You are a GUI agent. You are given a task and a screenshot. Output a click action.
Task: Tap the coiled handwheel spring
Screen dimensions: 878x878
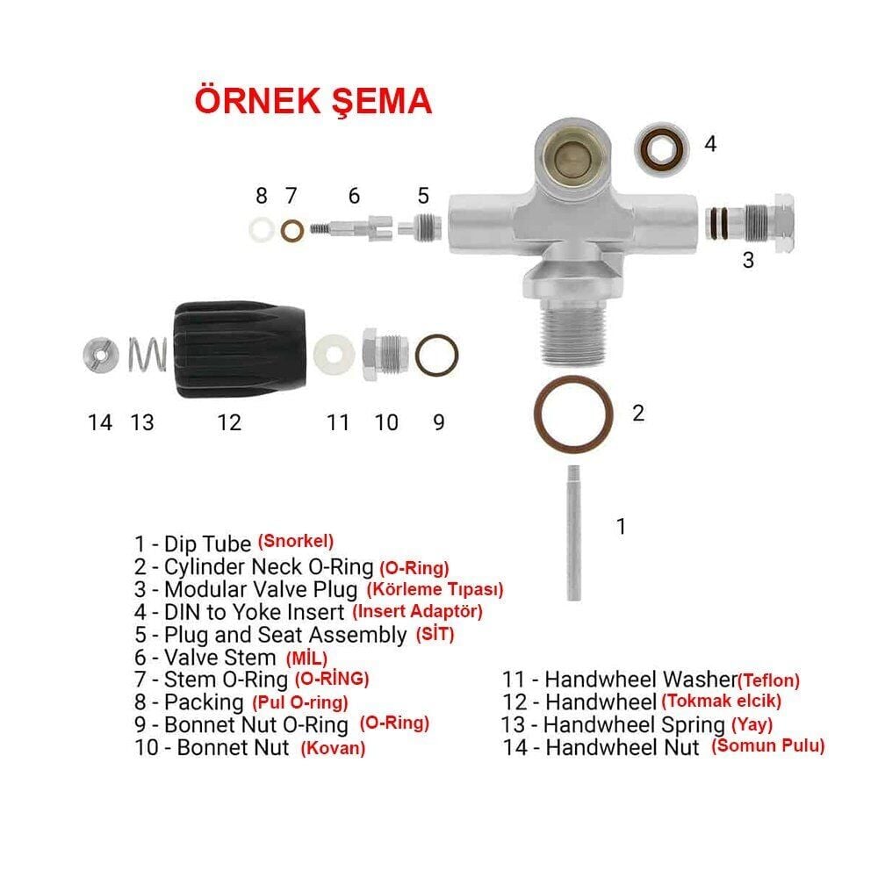pos(148,354)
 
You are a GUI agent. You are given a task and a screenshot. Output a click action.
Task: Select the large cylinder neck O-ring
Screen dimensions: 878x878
pos(573,413)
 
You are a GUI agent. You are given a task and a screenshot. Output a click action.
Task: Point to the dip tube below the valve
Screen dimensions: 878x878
pos(573,531)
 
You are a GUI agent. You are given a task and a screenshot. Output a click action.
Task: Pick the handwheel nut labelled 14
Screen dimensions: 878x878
pos(100,355)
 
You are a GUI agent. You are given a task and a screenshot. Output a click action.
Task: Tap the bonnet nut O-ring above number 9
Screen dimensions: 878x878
pos(437,355)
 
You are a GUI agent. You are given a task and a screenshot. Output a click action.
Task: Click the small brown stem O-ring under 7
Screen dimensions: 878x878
pos(292,231)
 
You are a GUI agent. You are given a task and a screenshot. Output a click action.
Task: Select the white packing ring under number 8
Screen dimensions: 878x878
pos(261,230)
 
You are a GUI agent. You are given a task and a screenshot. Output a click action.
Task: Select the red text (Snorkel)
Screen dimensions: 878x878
pos(296,541)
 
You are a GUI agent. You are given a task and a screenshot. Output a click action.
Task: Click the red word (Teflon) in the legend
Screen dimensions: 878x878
pos(768,679)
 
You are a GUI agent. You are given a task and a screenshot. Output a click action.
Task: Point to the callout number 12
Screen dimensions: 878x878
pos(228,422)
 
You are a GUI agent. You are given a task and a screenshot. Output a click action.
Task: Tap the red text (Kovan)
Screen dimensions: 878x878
pos(333,748)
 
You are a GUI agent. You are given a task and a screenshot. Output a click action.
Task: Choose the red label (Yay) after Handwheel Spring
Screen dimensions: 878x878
pos(752,724)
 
